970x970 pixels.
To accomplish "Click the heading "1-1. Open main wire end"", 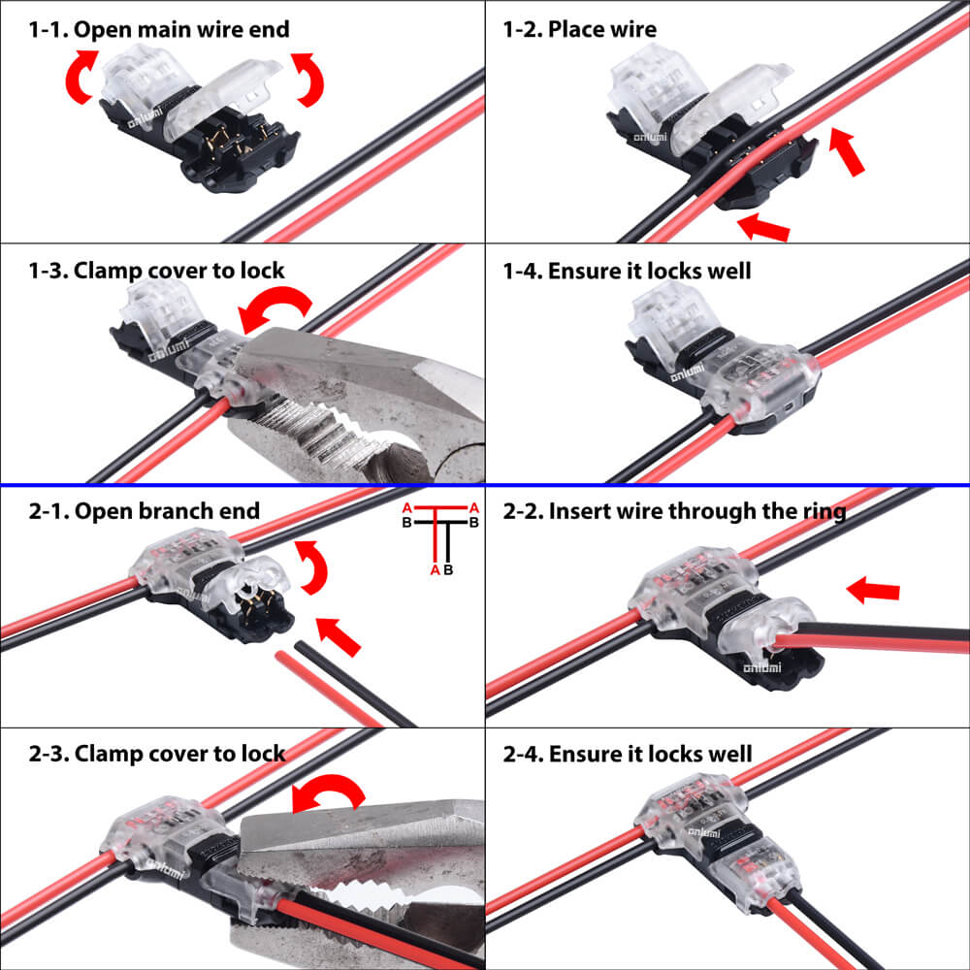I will click(158, 30).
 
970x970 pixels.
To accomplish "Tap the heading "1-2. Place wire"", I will click(579, 30).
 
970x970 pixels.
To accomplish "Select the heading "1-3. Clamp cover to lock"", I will click(156, 270).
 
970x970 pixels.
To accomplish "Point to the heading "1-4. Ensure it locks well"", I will click(627, 270).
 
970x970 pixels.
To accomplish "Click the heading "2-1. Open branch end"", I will click(144, 511).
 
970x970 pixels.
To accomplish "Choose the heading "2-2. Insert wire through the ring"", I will click(674, 511).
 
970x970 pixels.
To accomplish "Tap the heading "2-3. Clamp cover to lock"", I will click(156, 753).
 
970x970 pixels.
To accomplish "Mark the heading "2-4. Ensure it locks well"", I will click(627, 753).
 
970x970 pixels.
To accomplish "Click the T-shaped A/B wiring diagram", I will click(441, 538).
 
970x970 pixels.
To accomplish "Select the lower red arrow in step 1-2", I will click(763, 229).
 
